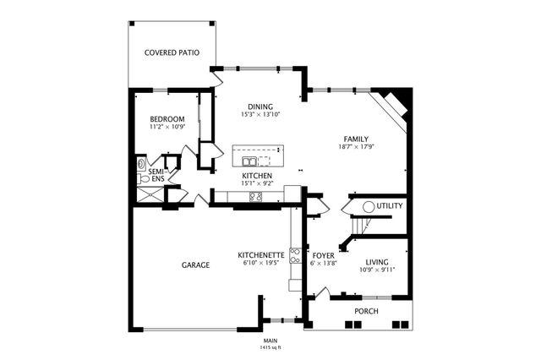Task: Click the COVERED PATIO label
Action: tap(172, 52)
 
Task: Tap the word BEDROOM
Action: tap(167, 119)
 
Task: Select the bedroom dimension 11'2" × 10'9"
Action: tap(167, 128)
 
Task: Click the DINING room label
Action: tap(260, 106)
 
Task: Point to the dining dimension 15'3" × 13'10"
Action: tap(260, 114)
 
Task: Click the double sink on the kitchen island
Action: tap(250, 161)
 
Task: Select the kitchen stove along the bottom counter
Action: tap(255, 197)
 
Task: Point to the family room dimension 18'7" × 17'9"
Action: tap(356, 147)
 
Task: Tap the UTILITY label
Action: tap(390, 206)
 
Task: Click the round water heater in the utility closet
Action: tap(369, 206)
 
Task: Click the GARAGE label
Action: tap(195, 265)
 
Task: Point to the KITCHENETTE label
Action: tap(260, 254)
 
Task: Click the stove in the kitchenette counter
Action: tap(295, 254)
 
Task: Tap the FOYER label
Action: tap(324, 254)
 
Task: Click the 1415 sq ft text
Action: tap(270, 347)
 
